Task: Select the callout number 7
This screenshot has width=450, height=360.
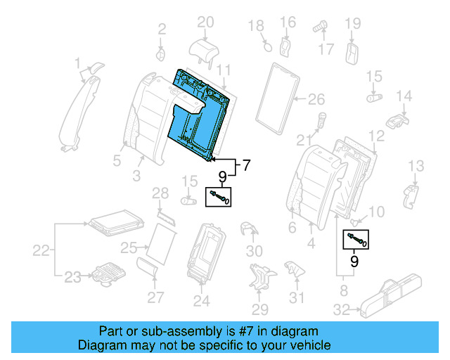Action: (x=246, y=167)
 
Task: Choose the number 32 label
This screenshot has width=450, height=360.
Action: (x=341, y=308)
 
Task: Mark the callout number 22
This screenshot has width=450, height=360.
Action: (x=42, y=250)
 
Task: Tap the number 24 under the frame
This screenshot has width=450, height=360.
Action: (x=202, y=302)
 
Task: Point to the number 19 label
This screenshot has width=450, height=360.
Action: (x=352, y=25)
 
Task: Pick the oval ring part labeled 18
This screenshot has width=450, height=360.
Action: (x=266, y=46)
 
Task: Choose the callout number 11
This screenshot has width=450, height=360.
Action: (x=223, y=70)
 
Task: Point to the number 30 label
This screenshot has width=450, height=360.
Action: (x=255, y=251)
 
